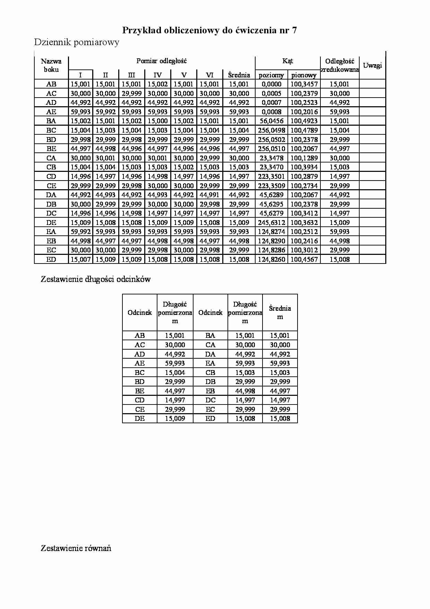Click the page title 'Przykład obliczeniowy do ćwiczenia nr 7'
tap(209, 31)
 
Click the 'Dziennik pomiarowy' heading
tap(77, 42)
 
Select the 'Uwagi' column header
tap(372, 65)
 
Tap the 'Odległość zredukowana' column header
tap(339, 65)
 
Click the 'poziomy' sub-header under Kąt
tap(272, 75)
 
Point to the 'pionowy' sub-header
tap(304, 75)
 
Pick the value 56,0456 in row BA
tap(272, 121)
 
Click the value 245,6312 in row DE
tap(272, 223)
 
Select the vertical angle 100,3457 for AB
tap(304, 84)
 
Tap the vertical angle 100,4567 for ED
tap(304, 259)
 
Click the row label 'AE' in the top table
tap(51, 112)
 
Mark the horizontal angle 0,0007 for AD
tap(272, 102)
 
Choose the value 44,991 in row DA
tap(209, 195)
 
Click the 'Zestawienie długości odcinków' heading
tap(96, 279)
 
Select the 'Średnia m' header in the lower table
tap(280, 312)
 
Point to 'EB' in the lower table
tap(210, 391)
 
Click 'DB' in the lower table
tap(210, 382)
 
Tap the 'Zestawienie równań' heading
tap(76, 548)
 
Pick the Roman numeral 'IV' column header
tap(157, 75)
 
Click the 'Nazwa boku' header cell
tap(51, 65)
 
